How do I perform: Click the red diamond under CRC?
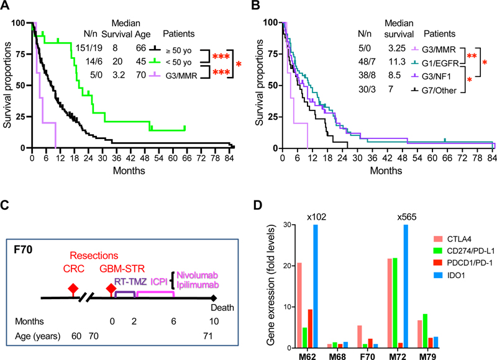point(73,287)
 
